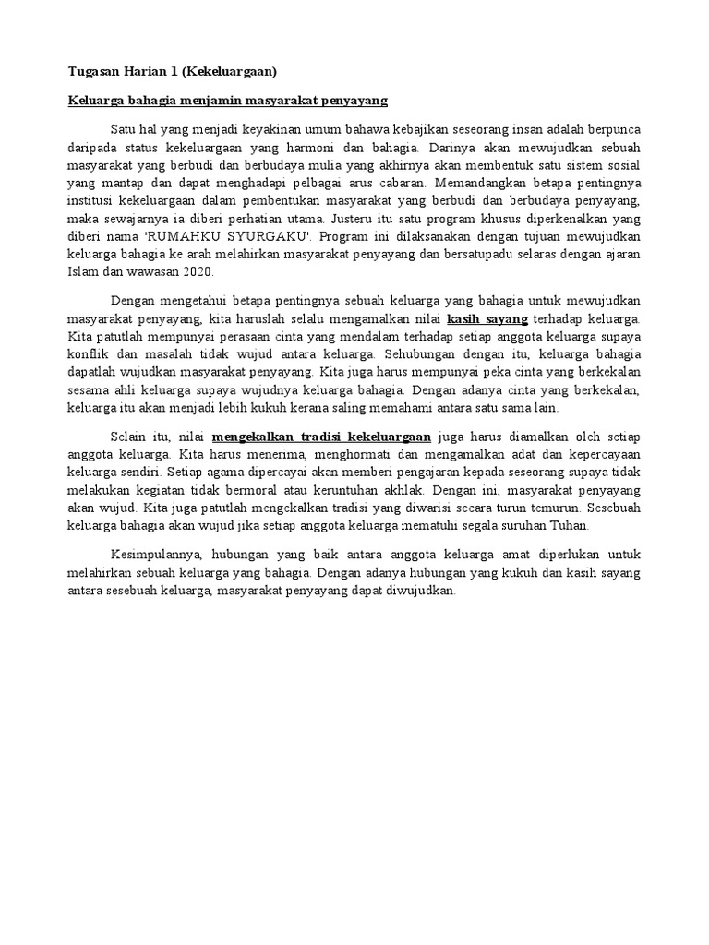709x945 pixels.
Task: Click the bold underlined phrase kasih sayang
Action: click(487, 319)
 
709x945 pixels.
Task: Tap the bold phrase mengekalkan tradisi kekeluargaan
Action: click(321, 437)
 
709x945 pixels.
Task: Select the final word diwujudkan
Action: click(423, 591)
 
